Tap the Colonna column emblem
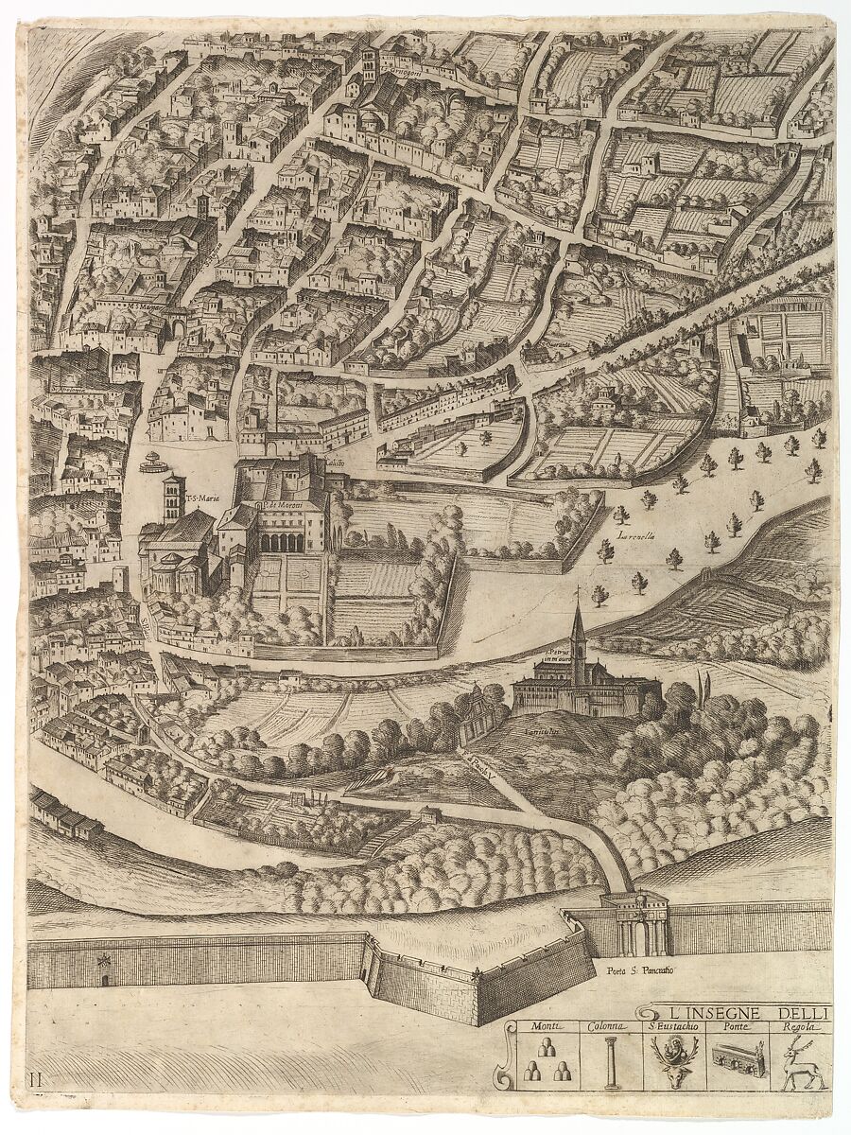(611, 1062)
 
